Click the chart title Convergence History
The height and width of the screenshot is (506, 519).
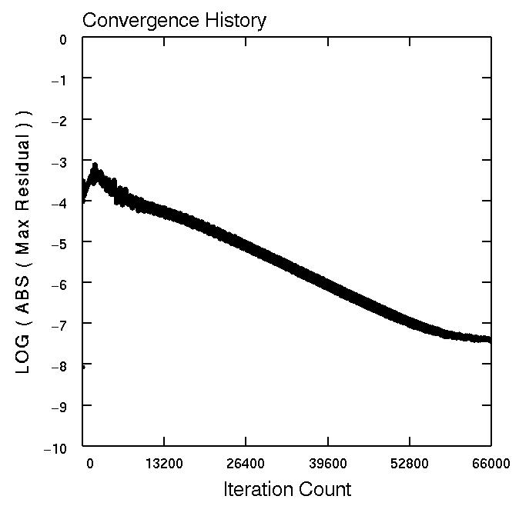point(174,20)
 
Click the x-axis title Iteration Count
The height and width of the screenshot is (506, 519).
point(286,489)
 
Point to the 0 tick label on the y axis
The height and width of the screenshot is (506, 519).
point(63,38)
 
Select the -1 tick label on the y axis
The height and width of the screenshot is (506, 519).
point(59,79)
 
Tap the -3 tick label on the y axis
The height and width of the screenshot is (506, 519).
point(59,161)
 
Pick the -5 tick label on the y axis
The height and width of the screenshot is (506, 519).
point(59,242)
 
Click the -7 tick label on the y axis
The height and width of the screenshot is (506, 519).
point(59,324)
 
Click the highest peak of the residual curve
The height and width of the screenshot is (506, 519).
point(95,165)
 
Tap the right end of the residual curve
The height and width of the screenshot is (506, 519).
point(490,340)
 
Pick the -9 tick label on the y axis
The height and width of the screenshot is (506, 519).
point(59,405)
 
